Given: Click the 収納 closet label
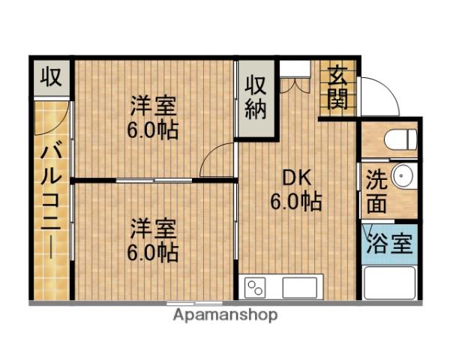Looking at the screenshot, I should [256, 97].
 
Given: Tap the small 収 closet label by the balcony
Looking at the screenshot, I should [51, 76].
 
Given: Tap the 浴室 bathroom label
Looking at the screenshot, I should [388, 243].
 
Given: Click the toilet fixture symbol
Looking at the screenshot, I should [398, 139].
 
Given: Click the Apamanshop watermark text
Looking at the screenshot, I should [225, 315].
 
